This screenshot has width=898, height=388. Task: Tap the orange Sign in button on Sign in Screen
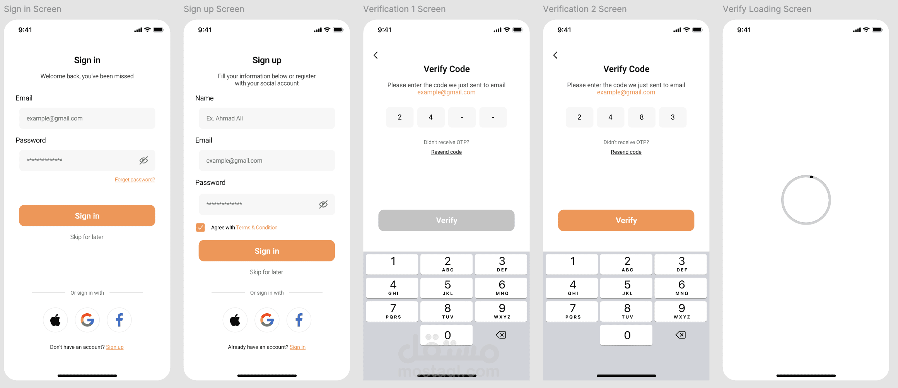87,216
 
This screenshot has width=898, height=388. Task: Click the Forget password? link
135,180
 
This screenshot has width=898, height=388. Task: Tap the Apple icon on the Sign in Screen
55,320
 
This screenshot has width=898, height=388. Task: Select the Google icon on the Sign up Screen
267,320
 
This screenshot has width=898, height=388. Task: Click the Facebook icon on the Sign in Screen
119,320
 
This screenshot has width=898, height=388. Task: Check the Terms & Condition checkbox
200,227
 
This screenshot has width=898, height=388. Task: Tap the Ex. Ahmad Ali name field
267,118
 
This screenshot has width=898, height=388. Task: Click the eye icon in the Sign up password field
323,204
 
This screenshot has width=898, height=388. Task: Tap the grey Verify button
446,220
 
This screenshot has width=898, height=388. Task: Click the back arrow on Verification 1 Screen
376,55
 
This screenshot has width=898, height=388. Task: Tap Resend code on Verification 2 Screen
626,152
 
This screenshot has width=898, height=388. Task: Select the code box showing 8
642,117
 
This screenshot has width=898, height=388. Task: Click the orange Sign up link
115,347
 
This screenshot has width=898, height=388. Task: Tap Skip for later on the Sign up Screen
266,272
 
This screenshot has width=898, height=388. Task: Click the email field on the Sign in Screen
87,118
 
